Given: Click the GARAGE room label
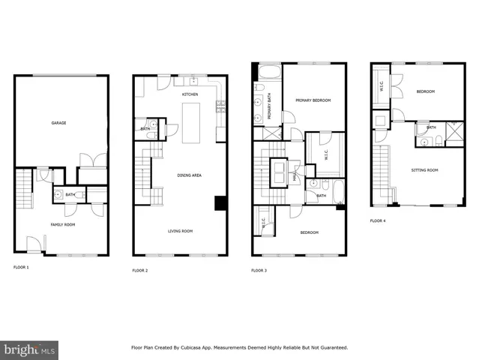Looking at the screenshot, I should tap(58, 123).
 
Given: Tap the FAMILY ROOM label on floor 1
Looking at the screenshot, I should tap(63, 223).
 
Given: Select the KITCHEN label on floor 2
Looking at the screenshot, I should tap(190, 94).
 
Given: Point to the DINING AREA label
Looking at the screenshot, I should tap(189, 175).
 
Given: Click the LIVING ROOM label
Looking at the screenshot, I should tap(180, 231).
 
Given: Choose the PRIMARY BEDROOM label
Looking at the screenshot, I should tap(313, 100).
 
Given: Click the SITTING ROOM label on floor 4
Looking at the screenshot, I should tap(424, 170).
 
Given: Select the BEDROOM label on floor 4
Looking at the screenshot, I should tap(425, 91).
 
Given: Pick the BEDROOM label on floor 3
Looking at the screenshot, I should tap(310, 232).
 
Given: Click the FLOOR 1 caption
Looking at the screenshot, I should tap(22, 267).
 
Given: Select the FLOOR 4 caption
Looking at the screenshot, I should tap(379, 220).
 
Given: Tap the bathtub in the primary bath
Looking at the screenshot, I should tap(268, 73).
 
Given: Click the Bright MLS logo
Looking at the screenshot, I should tap(30, 349).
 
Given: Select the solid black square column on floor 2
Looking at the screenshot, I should tap(220, 203).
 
